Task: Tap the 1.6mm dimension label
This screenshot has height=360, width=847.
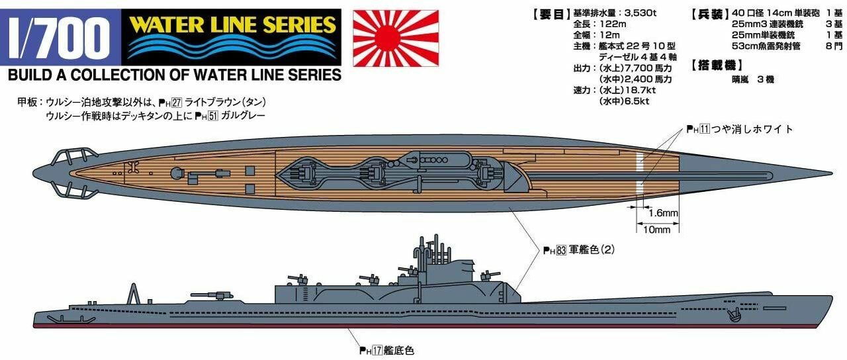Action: pyautogui.click(x=663, y=214)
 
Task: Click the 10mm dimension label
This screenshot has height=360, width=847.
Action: pyautogui.click(x=657, y=230)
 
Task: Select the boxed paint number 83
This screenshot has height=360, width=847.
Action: pyautogui.click(x=559, y=250)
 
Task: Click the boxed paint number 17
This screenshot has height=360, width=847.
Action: pyautogui.click(x=376, y=351)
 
